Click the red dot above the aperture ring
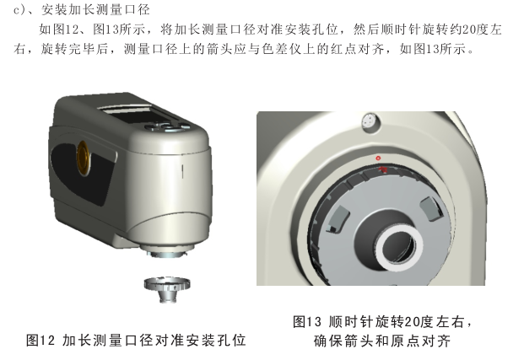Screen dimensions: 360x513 click(379, 158)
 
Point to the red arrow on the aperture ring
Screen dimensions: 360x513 click(384, 169)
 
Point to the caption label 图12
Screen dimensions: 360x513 click(40, 341)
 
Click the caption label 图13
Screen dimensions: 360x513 click(307, 322)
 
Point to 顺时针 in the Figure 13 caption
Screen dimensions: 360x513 click(359, 322)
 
